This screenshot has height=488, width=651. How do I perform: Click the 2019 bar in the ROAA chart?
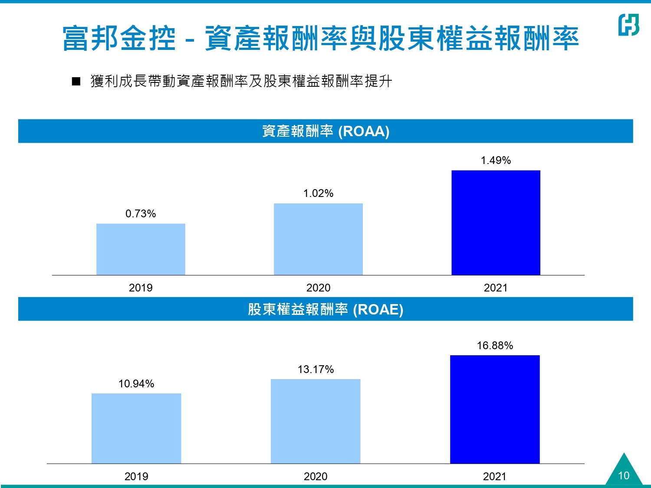tap(141, 249)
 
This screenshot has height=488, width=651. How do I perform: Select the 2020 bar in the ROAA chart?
tap(318, 239)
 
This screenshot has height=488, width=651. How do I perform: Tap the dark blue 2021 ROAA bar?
tap(496, 223)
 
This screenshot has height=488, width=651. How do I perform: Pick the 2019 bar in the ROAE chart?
tap(136, 428)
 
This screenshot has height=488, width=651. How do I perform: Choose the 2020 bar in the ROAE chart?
tap(316, 421)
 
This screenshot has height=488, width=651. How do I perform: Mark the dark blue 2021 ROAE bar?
tap(495, 409)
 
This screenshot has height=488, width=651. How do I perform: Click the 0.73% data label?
tap(141, 213)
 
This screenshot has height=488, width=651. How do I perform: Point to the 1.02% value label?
tap(318, 193)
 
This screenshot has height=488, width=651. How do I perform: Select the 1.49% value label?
tap(496, 160)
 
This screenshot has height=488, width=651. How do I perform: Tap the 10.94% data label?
tap(136, 383)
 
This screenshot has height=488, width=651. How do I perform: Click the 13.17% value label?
tap(316, 369)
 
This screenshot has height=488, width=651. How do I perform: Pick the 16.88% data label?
tap(495, 345)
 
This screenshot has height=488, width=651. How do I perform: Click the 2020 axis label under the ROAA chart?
tap(318, 288)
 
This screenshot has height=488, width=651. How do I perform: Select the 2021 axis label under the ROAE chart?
tap(495, 476)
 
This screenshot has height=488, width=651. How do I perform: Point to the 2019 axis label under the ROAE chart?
tap(136, 476)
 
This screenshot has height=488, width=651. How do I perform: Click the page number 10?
tap(624, 475)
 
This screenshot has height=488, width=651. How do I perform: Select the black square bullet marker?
tap(76, 82)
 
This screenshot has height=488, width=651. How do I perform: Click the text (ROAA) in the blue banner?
tap(364, 131)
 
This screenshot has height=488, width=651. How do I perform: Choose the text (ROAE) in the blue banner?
tap(378, 309)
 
